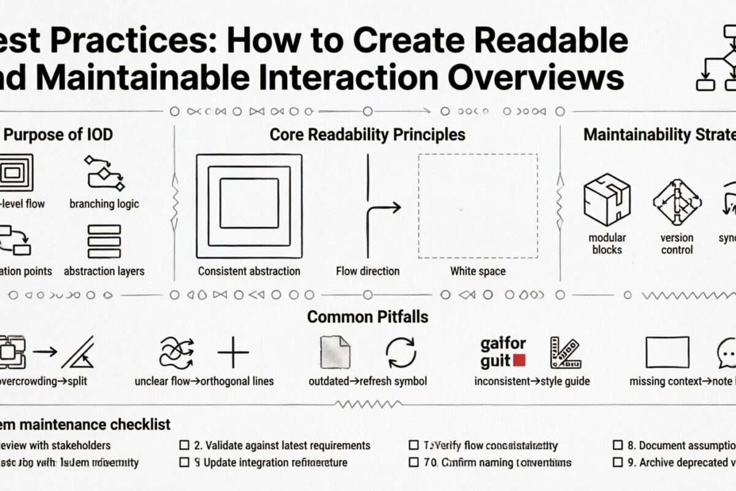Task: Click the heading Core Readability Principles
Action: coord(367,134)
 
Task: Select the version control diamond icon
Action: coord(677,201)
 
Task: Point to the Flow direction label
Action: coord(367,271)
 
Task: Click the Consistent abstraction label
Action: coord(249,271)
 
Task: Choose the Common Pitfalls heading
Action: coord(367,317)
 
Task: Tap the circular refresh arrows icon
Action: coord(401,353)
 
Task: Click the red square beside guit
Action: coord(519,361)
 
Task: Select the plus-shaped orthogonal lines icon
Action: coord(233,353)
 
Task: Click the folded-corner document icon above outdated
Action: coord(335,352)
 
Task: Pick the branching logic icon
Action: coord(104,173)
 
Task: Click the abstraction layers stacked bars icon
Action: coord(104,241)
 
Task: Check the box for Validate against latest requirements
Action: coord(183,446)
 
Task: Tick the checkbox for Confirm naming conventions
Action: coord(413,463)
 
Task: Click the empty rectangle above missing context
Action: coord(667,352)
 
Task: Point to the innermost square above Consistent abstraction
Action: coord(249,203)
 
